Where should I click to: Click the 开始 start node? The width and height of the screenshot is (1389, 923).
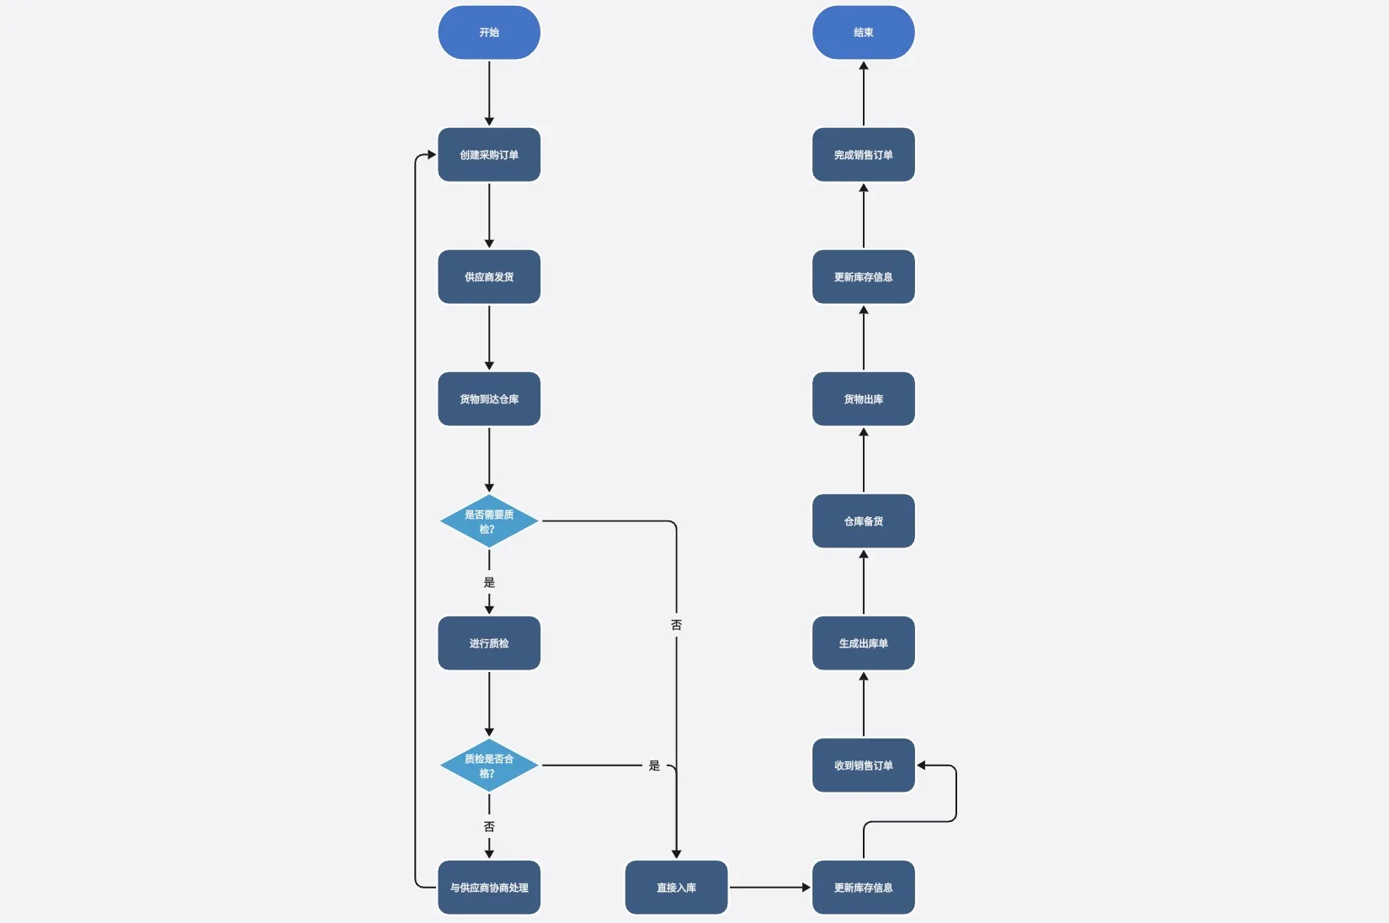(489, 33)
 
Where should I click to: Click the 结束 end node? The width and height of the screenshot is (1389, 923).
(863, 33)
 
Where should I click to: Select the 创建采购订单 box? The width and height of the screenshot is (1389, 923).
(489, 155)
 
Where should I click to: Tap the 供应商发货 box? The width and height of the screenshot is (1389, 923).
(489, 277)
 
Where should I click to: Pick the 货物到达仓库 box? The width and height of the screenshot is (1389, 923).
(489, 399)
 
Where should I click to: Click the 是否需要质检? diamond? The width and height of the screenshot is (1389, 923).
(489, 521)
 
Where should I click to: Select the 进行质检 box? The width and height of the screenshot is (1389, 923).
(489, 643)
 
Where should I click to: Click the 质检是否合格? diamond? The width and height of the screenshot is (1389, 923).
(489, 766)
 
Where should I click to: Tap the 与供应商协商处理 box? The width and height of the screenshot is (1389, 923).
(489, 888)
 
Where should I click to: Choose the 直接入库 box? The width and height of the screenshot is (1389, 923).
(676, 888)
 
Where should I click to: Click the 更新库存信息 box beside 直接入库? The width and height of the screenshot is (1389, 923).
(863, 888)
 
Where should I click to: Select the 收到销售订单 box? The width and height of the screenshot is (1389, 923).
(863, 766)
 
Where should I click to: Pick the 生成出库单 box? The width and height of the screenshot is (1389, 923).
(863, 643)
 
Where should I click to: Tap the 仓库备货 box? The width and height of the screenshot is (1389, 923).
(863, 521)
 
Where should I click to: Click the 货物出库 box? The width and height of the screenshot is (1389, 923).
(863, 399)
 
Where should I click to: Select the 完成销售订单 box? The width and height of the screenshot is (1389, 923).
(863, 155)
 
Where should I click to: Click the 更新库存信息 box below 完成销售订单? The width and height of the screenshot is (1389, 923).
(863, 277)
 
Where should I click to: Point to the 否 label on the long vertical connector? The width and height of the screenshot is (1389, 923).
(676, 625)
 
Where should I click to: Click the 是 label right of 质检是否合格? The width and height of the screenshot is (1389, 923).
(654, 766)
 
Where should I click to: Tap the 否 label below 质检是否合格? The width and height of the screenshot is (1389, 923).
(489, 827)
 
